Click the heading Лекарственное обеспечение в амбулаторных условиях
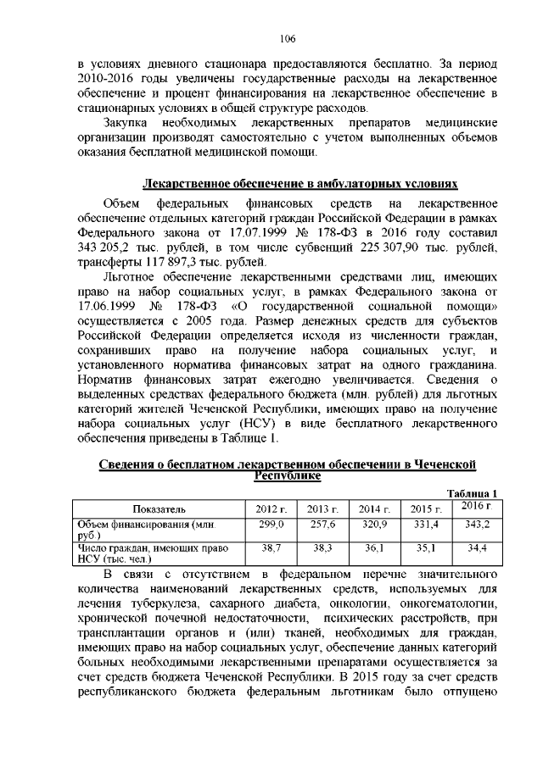(x=299, y=183)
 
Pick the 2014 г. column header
(x=373, y=509)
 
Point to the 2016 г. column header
(x=478, y=506)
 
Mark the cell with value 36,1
(x=373, y=549)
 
